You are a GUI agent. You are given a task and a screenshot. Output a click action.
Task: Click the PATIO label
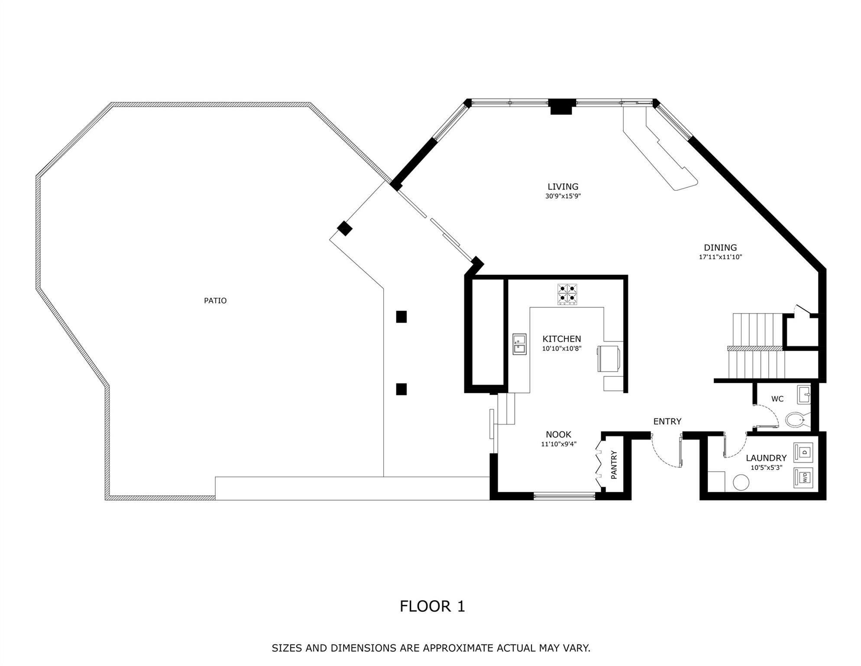click(215, 300)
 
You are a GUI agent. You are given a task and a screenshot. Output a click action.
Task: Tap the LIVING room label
click(563, 186)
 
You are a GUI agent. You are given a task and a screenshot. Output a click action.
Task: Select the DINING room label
click(720, 248)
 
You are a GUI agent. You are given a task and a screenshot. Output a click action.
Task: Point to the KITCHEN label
click(562, 339)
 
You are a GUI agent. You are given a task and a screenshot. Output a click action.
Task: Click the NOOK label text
click(558, 434)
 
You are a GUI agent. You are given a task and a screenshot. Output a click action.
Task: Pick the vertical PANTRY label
click(614, 465)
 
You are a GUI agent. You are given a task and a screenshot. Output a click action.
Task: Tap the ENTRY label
click(667, 421)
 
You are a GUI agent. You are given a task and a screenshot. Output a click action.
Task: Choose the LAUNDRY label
click(766, 458)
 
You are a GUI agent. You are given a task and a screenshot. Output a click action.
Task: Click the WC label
click(777, 399)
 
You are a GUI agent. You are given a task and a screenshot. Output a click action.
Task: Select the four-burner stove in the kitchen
click(567, 294)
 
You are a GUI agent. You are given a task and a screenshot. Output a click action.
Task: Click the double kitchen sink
click(520, 344)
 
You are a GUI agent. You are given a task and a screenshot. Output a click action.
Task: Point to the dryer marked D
click(803, 452)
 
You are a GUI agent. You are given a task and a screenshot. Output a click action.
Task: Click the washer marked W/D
click(803, 478)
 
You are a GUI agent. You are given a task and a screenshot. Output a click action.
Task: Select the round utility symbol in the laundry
click(741, 483)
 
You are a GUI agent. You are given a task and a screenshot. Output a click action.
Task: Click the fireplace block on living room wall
click(562, 107)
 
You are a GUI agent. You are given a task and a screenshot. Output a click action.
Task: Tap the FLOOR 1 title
click(432, 606)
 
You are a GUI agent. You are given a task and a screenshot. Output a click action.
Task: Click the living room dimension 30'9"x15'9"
click(563, 196)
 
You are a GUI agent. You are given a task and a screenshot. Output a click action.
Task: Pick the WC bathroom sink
click(804, 395)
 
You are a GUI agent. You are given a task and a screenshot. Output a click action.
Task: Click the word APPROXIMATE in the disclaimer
click(458, 648)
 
